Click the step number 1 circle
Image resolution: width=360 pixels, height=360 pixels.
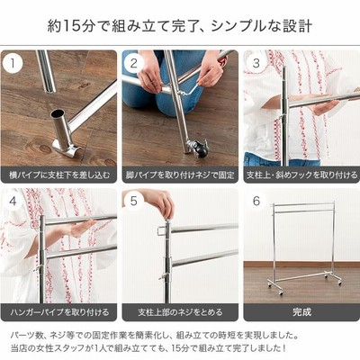pos(13,63)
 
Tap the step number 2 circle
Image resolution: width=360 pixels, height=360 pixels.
pos(134,63)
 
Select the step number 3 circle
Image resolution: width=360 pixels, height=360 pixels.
pos(256,63)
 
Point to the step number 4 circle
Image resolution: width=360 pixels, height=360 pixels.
pos(13,201)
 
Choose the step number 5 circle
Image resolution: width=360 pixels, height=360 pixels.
pos(134,201)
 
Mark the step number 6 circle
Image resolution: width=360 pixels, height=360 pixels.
pos(256,201)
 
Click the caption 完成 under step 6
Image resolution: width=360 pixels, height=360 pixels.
pos(301,312)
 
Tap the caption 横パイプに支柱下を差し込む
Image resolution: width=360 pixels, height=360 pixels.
pos(59,175)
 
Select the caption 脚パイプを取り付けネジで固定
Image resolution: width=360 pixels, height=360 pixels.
pos(180,175)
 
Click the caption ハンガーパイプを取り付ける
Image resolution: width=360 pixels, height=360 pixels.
pos(59,312)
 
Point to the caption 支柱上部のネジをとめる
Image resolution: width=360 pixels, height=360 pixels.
pos(180,312)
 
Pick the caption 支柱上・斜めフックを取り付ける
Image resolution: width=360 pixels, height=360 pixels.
pos(301,175)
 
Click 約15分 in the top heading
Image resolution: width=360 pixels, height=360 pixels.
pos(71,26)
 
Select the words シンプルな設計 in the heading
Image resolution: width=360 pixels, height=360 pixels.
pos(261,26)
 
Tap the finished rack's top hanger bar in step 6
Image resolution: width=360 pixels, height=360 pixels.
pos(303,204)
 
